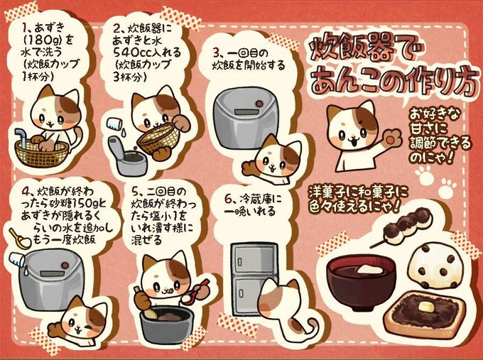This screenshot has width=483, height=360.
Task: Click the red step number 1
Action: coord(25,28)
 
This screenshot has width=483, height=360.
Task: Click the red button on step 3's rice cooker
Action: coord(259,104)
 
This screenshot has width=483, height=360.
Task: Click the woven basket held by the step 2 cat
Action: coord(158,138)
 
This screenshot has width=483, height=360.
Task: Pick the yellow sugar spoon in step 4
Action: coord(19,239)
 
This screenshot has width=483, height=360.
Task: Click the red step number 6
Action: coord(228,200)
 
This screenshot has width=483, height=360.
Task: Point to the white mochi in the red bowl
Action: coord(369,269)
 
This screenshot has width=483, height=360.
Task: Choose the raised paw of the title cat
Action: coord(391,138)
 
